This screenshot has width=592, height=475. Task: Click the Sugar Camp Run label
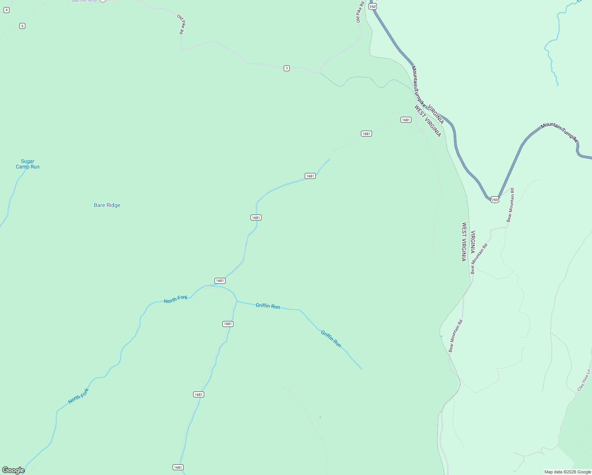point(28,164)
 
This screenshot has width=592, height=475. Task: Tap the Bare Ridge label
point(107,205)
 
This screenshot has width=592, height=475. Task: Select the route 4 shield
point(6,10)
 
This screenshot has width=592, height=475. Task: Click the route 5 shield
point(22,26)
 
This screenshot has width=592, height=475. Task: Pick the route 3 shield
point(287,68)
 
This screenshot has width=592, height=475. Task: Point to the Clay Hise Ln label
point(584,380)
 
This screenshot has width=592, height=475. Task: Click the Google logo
point(13,470)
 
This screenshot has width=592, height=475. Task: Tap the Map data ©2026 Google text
point(567,472)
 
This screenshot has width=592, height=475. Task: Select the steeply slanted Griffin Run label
point(331,339)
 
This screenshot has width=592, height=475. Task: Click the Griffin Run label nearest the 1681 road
point(268,306)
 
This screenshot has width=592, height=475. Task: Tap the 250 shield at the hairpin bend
point(495,200)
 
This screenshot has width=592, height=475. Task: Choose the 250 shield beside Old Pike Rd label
point(372,7)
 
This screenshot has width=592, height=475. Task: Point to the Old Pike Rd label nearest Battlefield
point(181,24)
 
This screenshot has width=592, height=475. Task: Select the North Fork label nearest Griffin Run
point(176,299)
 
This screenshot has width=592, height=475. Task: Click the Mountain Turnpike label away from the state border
point(559,132)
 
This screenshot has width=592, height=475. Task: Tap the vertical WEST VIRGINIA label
point(464,241)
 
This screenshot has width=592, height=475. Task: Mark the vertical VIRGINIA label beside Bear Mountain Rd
point(472,242)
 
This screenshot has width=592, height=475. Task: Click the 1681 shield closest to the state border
point(406,120)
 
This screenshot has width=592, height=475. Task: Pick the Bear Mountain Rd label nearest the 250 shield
point(510,205)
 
